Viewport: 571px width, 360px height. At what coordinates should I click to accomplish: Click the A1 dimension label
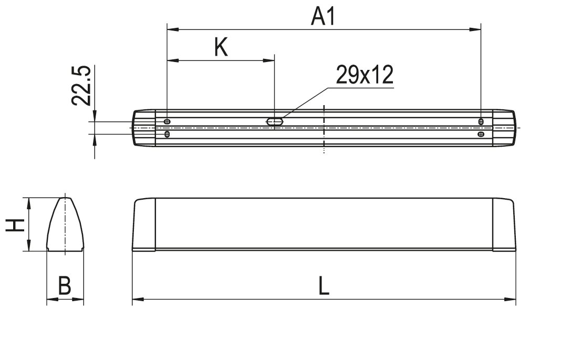323,17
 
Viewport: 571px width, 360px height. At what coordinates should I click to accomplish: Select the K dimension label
221,47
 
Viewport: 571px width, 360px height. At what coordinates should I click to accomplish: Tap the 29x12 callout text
365,75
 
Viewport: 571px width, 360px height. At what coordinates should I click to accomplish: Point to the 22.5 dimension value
81,86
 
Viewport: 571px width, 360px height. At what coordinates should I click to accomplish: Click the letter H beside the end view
15,225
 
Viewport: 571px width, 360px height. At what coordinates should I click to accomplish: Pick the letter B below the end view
65,285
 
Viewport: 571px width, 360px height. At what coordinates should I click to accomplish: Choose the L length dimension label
324,285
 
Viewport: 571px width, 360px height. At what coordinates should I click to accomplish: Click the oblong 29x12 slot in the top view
275,121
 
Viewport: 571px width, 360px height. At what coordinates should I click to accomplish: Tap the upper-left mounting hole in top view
167,121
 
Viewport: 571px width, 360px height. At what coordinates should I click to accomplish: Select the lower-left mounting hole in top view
167,134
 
